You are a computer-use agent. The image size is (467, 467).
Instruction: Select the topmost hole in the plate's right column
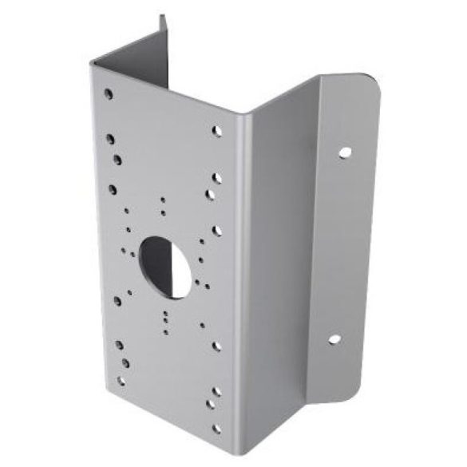[x=216, y=131]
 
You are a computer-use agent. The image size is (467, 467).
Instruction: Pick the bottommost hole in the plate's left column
[x=121, y=381]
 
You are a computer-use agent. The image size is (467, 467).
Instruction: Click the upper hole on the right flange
[x=344, y=151]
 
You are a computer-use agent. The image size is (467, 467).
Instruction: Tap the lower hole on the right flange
[x=334, y=339]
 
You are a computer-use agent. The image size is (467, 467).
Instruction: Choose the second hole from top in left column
[x=110, y=139]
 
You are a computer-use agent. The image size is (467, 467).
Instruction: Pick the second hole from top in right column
[x=216, y=178]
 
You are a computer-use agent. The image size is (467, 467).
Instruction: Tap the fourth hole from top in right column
[x=216, y=231]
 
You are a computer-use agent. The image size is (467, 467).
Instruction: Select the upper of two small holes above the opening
[x=163, y=200]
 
